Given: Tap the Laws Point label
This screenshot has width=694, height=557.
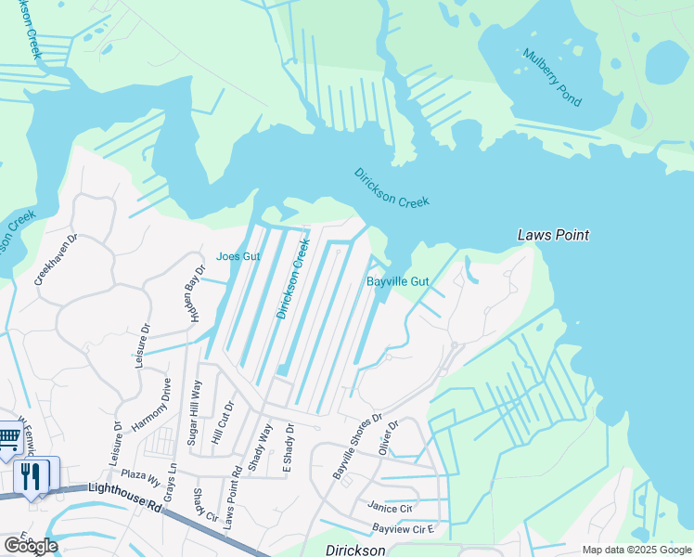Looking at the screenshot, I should pyautogui.click(x=553, y=236).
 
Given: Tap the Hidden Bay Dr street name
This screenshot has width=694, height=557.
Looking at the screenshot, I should pyautogui.click(x=192, y=291).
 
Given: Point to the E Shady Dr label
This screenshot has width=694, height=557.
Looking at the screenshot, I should pyautogui.click(x=289, y=450).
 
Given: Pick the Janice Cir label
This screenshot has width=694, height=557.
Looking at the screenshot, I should pyautogui.click(x=390, y=508).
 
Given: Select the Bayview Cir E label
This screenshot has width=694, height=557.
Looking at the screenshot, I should pyautogui.click(x=404, y=529).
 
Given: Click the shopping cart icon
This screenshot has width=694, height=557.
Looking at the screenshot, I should pyautogui.click(x=7, y=438).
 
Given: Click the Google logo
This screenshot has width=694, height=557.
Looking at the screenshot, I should pyautogui.click(x=30, y=546).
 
